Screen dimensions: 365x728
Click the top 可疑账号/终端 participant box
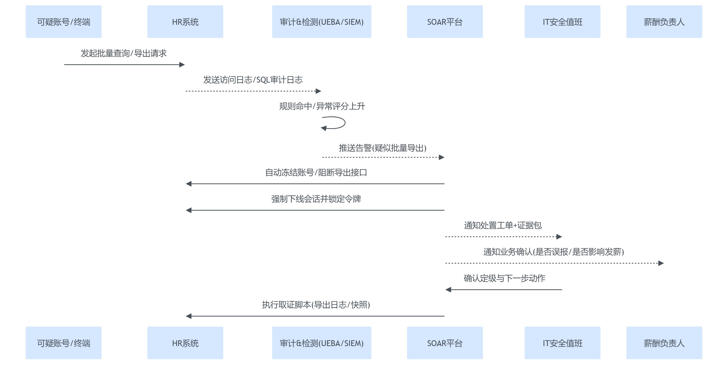pyautogui.click(x=63, y=22)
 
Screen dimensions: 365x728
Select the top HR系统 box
pyautogui.click(x=185, y=22)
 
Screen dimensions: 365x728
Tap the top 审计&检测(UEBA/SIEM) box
pyautogui.click(x=321, y=22)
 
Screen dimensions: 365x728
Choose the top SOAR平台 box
pyautogui.click(x=445, y=22)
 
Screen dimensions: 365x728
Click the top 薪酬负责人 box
pyautogui.click(x=664, y=22)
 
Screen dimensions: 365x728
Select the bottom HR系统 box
pyautogui.click(x=185, y=343)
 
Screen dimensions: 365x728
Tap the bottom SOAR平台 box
pyautogui.click(x=445, y=343)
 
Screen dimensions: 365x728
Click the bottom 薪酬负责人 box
pyautogui.click(x=664, y=343)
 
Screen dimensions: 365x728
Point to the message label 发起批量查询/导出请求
pyautogui.click(x=124, y=53)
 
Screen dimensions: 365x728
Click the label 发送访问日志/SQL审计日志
pyautogui.click(x=253, y=80)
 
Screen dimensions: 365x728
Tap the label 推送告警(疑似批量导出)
pyautogui.click(x=382, y=148)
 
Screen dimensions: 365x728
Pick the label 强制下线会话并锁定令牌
pyautogui.click(x=316, y=199)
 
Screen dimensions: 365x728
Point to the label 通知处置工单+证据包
pyautogui.click(x=503, y=225)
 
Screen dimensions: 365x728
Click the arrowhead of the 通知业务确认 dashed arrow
pyautogui.click(x=661, y=263)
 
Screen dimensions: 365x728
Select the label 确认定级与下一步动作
pyautogui.click(x=504, y=278)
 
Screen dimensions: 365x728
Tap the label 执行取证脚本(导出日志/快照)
pyautogui.click(x=316, y=305)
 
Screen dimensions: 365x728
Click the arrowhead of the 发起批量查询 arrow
pyautogui.click(x=182, y=65)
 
